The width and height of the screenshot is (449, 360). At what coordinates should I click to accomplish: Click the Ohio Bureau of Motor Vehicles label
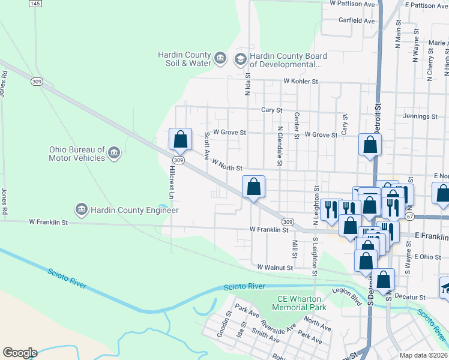pos(77,154)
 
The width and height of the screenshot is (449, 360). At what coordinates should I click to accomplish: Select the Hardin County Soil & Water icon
pos(220,58)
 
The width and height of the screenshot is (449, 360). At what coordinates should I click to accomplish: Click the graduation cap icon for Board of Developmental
pos(241,58)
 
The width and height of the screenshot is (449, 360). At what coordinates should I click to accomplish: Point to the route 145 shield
pos(35,4)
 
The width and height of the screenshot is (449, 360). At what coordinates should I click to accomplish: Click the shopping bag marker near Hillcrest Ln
pos(180,140)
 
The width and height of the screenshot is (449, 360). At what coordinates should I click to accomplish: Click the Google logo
pos(20,353)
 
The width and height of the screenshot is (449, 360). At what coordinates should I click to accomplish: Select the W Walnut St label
pos(275,267)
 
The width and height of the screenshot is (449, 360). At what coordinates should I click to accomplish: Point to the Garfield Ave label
pos(357,20)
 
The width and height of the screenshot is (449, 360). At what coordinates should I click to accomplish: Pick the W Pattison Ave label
pos(352,4)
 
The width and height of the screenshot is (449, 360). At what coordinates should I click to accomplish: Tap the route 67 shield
pos(410,215)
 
